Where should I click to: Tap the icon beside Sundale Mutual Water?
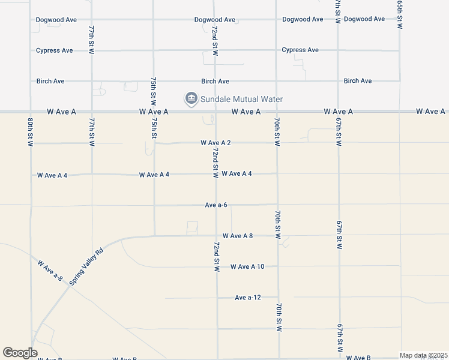[x=191, y=98]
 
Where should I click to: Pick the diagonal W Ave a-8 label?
[x=50, y=270]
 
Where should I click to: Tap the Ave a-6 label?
[x=215, y=205]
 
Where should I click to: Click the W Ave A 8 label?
[x=237, y=236]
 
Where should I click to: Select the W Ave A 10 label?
[x=247, y=266]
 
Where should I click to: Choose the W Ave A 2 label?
[x=215, y=143]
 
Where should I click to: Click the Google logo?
[x=20, y=353]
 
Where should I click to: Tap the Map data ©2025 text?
[x=423, y=355]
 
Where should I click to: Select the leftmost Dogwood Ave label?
[x=56, y=20]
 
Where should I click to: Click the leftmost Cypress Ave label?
[x=55, y=50]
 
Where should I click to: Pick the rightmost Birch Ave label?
[x=358, y=80]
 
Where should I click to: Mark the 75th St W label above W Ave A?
[x=154, y=88]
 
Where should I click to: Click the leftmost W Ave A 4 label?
[x=52, y=175]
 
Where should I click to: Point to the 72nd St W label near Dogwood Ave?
[x=215, y=41]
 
